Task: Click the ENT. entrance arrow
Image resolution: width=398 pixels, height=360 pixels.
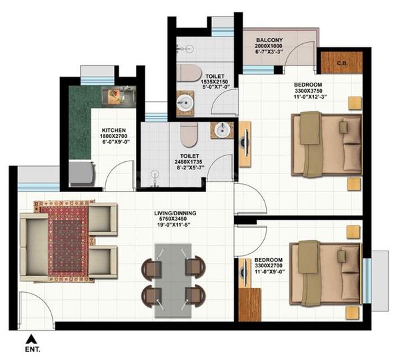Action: pos(31,339)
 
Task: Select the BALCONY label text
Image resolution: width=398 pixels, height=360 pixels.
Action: pos(269,40)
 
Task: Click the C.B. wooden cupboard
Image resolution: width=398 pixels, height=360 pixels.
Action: pos(341,63)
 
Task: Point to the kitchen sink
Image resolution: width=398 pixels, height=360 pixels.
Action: pos(119,97)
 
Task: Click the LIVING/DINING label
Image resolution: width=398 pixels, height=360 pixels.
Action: pos(175,213)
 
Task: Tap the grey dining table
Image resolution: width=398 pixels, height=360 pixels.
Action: pos(173,281)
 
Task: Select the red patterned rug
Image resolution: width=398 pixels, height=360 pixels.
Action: pos(65,241)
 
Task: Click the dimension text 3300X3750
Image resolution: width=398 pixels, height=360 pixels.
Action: pos(309,91)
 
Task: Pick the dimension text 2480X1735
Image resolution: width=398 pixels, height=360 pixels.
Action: pos(189,162)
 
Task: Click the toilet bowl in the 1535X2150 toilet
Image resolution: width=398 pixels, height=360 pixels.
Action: pos(189,73)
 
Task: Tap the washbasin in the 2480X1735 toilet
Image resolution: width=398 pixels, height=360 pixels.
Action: pos(223,130)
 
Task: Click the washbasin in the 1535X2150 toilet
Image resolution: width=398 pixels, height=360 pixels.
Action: pos(185,103)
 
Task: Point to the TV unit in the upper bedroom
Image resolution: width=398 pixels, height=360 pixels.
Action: pos(245,144)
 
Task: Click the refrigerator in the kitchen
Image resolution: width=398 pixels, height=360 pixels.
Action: pos(81,173)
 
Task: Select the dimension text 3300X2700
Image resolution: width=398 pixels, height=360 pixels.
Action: pos(269,266)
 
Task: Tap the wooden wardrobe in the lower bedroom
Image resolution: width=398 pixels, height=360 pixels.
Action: pos(250,305)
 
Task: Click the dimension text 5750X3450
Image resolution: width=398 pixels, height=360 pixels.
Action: pos(173,219)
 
